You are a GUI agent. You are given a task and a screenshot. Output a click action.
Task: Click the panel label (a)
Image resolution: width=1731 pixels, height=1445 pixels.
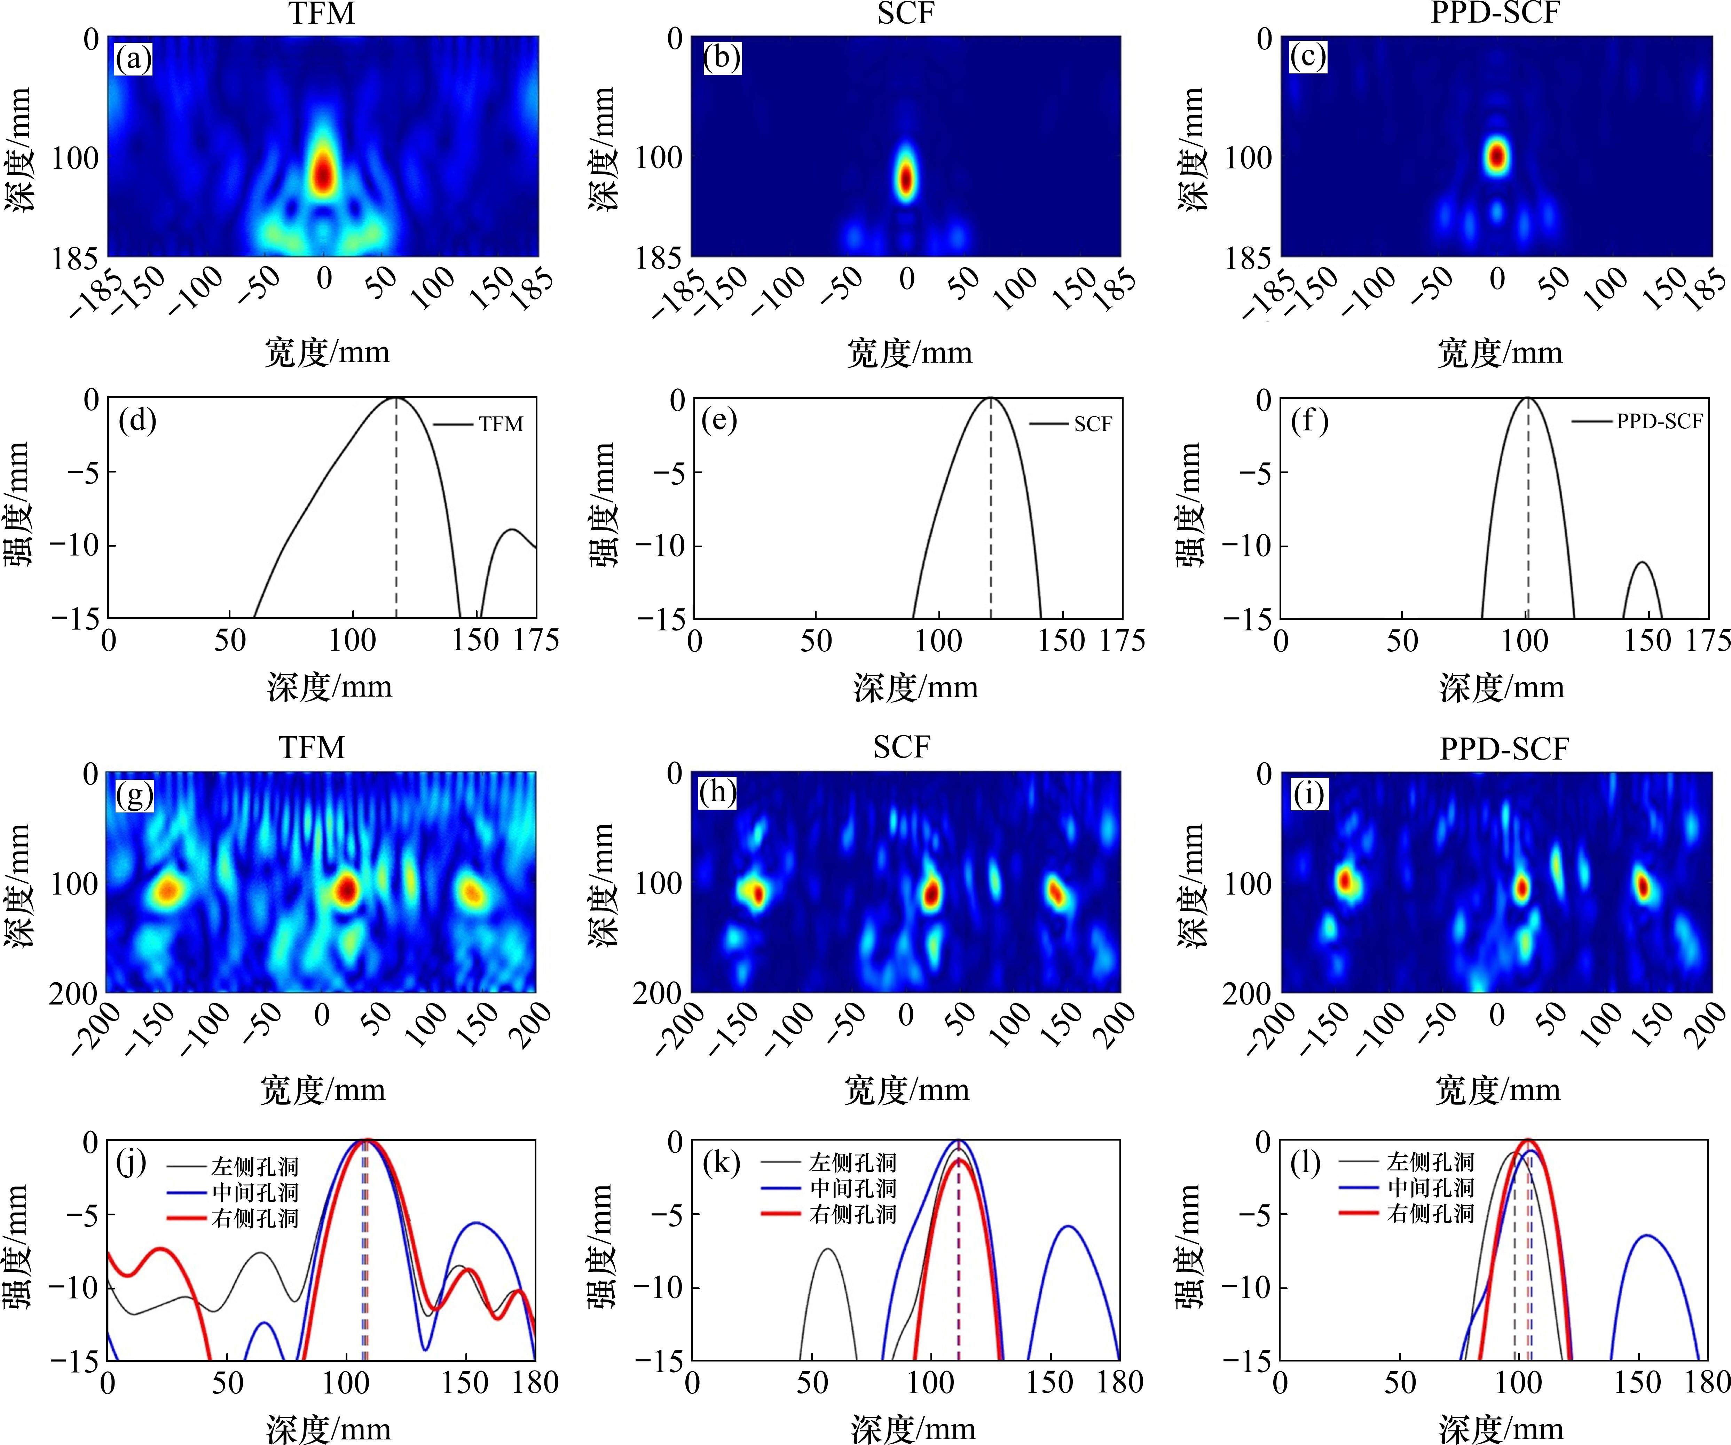[x=134, y=59]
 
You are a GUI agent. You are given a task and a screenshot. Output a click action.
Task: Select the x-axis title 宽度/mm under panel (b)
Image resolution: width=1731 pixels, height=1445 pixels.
[x=909, y=352]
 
